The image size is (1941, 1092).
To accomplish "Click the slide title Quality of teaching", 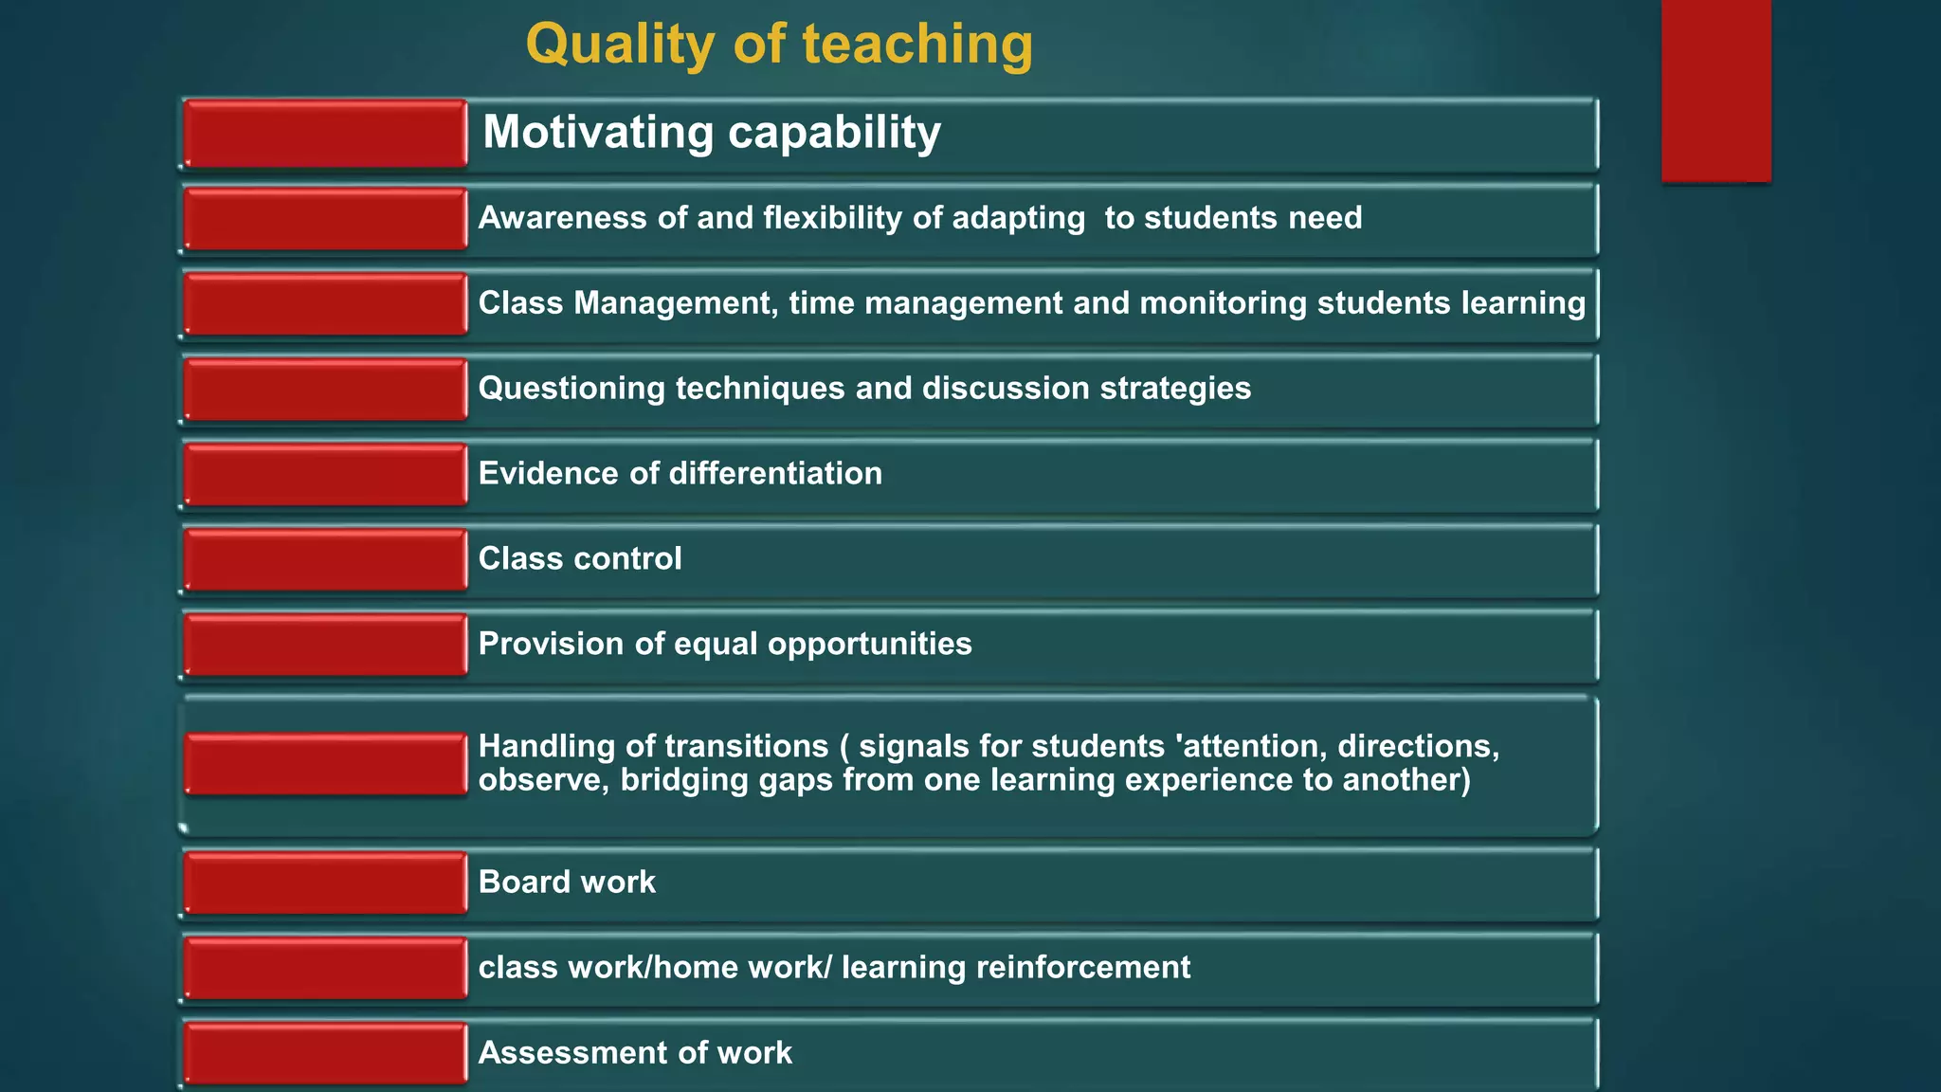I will [x=779, y=45].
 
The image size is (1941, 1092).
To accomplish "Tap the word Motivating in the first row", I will [x=598, y=132].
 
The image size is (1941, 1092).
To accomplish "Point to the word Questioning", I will [x=571, y=389].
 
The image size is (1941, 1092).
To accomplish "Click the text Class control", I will [x=580, y=559].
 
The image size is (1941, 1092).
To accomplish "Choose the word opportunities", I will [x=869, y=645].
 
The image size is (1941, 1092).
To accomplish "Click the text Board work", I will [x=567, y=883].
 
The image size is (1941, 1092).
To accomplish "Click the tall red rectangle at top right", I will [x=1715, y=90].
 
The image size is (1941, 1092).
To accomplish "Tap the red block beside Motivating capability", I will [x=325, y=134].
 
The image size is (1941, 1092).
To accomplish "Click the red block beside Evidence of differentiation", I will [x=325, y=475].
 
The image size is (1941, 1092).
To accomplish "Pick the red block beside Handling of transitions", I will [x=325, y=764].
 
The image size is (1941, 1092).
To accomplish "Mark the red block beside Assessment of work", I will [x=325, y=1053].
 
